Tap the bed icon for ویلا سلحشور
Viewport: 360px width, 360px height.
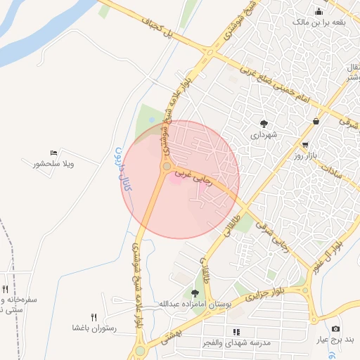tap(54, 153)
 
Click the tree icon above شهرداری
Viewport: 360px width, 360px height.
tap(264, 123)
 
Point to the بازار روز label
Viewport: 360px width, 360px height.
tap(307, 154)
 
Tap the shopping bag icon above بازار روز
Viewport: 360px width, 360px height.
tap(316, 121)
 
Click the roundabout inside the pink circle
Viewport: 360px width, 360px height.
tap(167, 167)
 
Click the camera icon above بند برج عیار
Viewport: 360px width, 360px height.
tap(335, 329)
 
